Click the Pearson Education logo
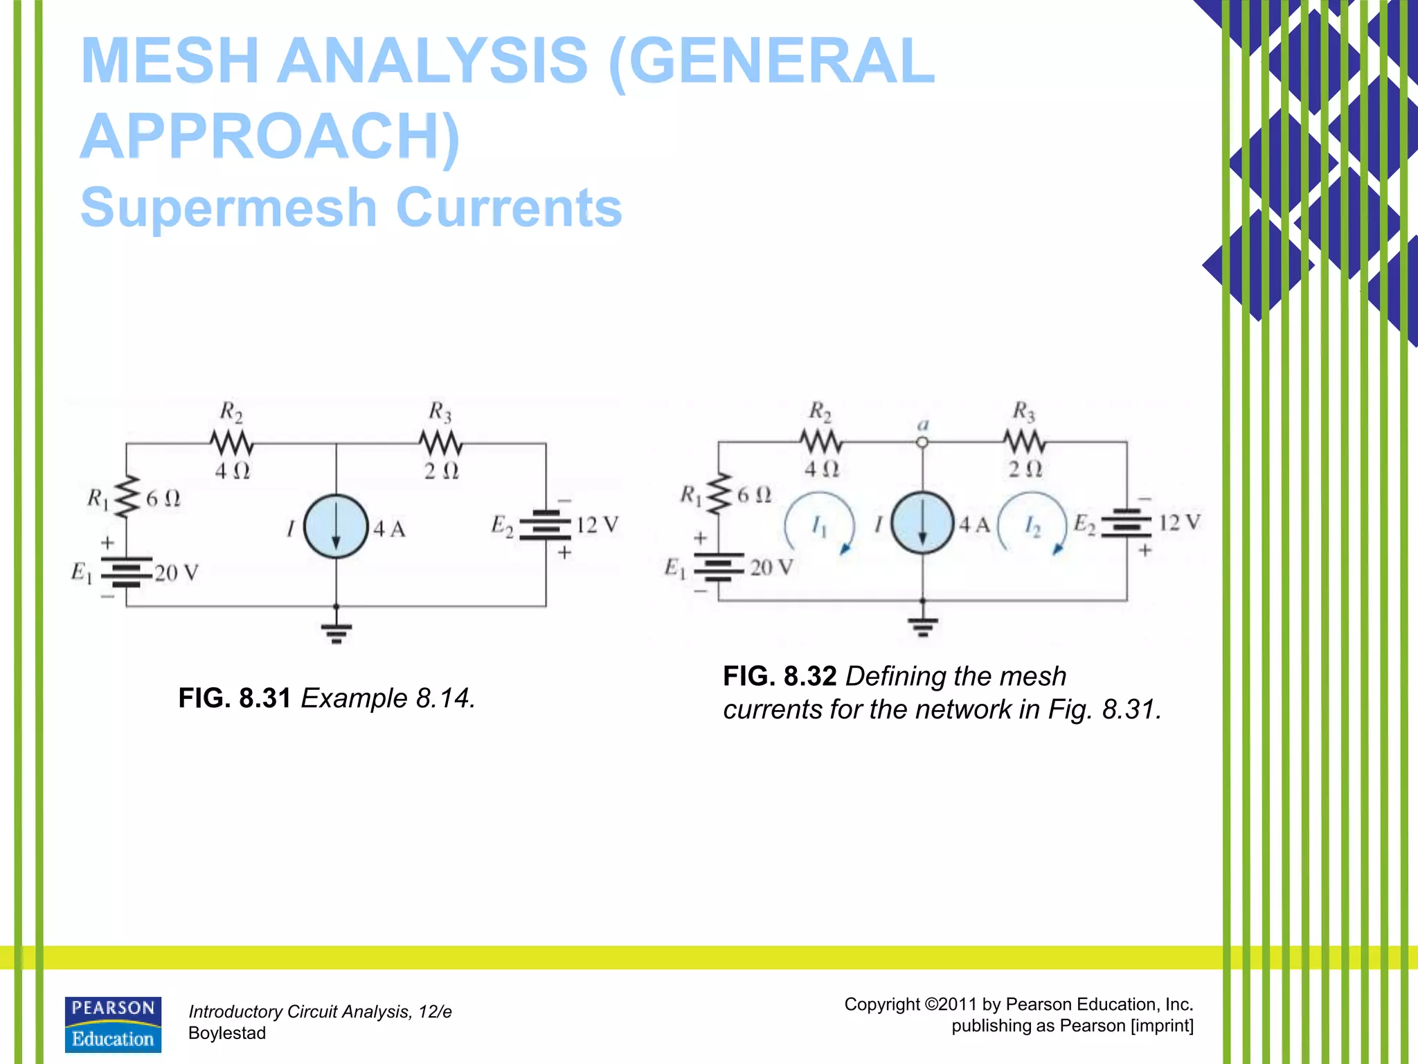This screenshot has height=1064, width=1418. (x=113, y=1025)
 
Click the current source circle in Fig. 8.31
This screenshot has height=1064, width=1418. (x=336, y=526)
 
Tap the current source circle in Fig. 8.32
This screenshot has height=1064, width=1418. (x=922, y=523)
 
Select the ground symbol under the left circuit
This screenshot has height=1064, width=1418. (x=336, y=632)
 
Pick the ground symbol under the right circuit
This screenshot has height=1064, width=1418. (x=922, y=626)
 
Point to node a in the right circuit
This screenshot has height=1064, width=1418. (x=922, y=442)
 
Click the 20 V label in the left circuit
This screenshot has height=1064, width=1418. (x=177, y=573)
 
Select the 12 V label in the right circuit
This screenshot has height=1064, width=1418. (x=1180, y=522)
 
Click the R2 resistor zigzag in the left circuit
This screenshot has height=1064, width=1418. (x=232, y=443)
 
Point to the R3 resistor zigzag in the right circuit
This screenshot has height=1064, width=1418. (x=1025, y=441)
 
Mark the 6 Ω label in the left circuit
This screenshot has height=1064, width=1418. (x=163, y=498)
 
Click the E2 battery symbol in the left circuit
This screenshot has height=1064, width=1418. (x=546, y=525)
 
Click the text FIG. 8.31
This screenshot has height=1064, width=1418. (x=234, y=698)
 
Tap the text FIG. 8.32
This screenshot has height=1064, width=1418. (x=780, y=676)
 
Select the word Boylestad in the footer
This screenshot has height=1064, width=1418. (x=227, y=1033)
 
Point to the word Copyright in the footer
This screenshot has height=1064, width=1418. (x=882, y=1004)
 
